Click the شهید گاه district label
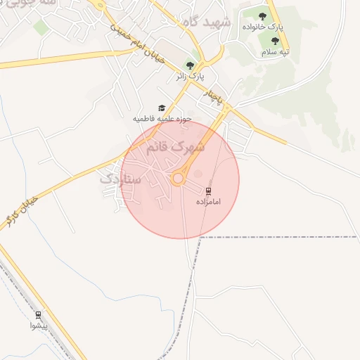click(x=206, y=21)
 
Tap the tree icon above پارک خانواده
click(x=262, y=15)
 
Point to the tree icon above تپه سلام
click(x=275, y=41)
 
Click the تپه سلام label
click(x=276, y=53)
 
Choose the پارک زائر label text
click(x=189, y=75)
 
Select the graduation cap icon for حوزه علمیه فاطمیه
click(x=162, y=108)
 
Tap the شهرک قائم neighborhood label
click(x=176, y=148)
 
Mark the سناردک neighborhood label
click(x=120, y=180)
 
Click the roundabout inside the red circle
click(x=178, y=179)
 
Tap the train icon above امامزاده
click(x=208, y=191)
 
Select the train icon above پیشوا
click(x=38, y=315)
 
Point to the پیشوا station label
click(x=38, y=326)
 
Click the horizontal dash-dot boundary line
click(x=281, y=237)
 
